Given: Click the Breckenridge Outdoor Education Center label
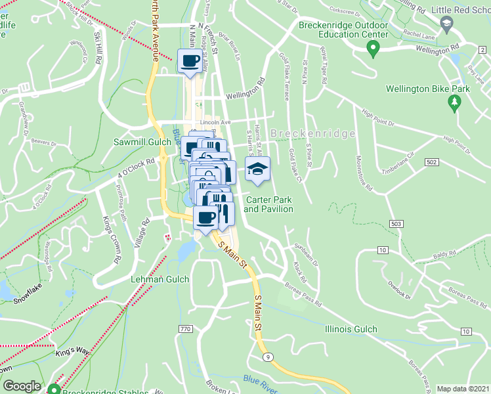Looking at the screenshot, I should pos(342,30).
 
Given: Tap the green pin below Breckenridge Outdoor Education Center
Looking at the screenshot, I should pos(373,48).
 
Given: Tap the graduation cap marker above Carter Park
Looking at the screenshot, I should pos(257,169).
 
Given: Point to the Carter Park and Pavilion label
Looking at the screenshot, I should pos(268,204).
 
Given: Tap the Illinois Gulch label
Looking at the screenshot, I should pos(351,329).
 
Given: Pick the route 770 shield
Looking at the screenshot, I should pos(185,328).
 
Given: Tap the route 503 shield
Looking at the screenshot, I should pos(395,225).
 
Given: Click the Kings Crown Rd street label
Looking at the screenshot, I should pos(110,239).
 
